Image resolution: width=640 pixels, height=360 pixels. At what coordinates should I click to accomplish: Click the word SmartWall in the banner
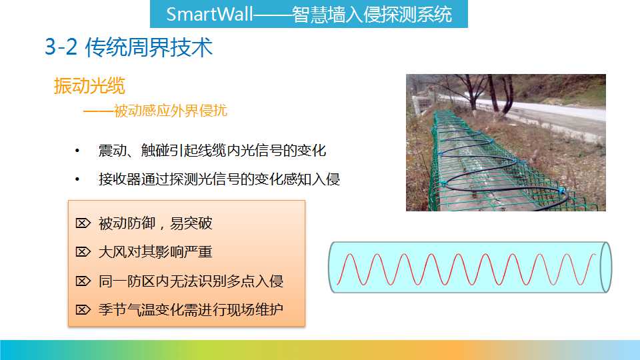[x=210, y=14]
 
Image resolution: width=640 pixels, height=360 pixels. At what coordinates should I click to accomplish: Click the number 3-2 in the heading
[x=61, y=47]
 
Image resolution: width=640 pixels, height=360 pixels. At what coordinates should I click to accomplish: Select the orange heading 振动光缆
[x=89, y=86]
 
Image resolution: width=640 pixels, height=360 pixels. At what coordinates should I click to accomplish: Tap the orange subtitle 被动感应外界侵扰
[x=170, y=111]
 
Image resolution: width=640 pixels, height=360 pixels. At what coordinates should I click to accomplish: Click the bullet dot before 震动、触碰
[x=77, y=151]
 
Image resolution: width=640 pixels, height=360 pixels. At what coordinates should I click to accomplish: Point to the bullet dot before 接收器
[x=77, y=179]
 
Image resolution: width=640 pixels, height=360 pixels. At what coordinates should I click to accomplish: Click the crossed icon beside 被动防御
[x=83, y=223]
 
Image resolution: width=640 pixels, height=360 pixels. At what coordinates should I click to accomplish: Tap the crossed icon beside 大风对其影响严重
[x=83, y=252]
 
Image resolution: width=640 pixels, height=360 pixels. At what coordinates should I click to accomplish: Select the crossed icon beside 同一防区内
[x=83, y=281]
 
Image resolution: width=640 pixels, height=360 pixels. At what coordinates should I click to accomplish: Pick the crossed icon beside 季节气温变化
[x=83, y=310]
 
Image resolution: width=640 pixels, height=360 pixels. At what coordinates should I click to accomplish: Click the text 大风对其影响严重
[x=155, y=252]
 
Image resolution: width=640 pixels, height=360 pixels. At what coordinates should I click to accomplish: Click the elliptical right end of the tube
[x=606, y=267]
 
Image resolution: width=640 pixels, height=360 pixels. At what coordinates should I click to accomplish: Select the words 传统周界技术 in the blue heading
[x=149, y=47]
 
